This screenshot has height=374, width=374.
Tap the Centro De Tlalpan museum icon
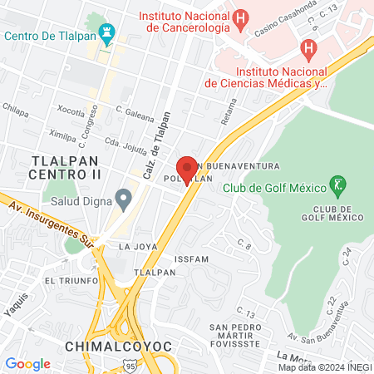coord(106,34)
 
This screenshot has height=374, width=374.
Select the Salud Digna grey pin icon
coord(124,199)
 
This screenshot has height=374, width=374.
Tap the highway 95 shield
coord(131,364)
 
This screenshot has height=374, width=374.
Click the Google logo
coord(27,363)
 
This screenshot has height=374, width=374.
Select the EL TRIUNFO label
coord(72,280)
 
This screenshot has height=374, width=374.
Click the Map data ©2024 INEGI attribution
coord(325,367)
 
